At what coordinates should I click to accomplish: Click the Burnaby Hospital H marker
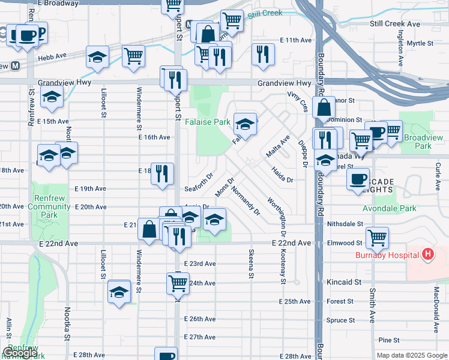point(427,255)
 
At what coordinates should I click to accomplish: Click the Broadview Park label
point(419,142)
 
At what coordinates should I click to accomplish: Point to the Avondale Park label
point(389,209)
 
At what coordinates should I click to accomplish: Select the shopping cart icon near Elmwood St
point(377,238)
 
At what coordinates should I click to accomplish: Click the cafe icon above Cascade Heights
point(359,179)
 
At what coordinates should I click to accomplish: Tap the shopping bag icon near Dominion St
point(324,108)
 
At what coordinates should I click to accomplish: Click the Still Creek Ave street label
point(395,23)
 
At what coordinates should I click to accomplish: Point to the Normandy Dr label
point(244,200)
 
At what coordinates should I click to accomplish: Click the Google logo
point(20,353)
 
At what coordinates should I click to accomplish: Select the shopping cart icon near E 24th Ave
point(178,284)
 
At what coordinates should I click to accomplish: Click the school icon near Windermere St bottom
point(119,292)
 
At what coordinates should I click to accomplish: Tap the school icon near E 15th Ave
point(52,97)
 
